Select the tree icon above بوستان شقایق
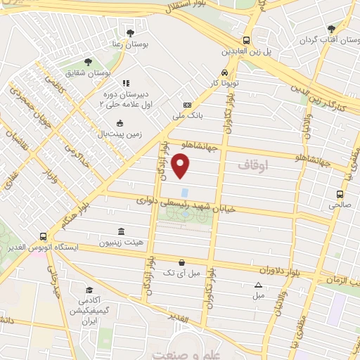88,61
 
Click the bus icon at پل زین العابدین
246,41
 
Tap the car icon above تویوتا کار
224,72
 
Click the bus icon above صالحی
340,195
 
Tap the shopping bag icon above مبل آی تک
181,261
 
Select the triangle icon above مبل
258,285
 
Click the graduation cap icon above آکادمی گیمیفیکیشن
89,290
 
